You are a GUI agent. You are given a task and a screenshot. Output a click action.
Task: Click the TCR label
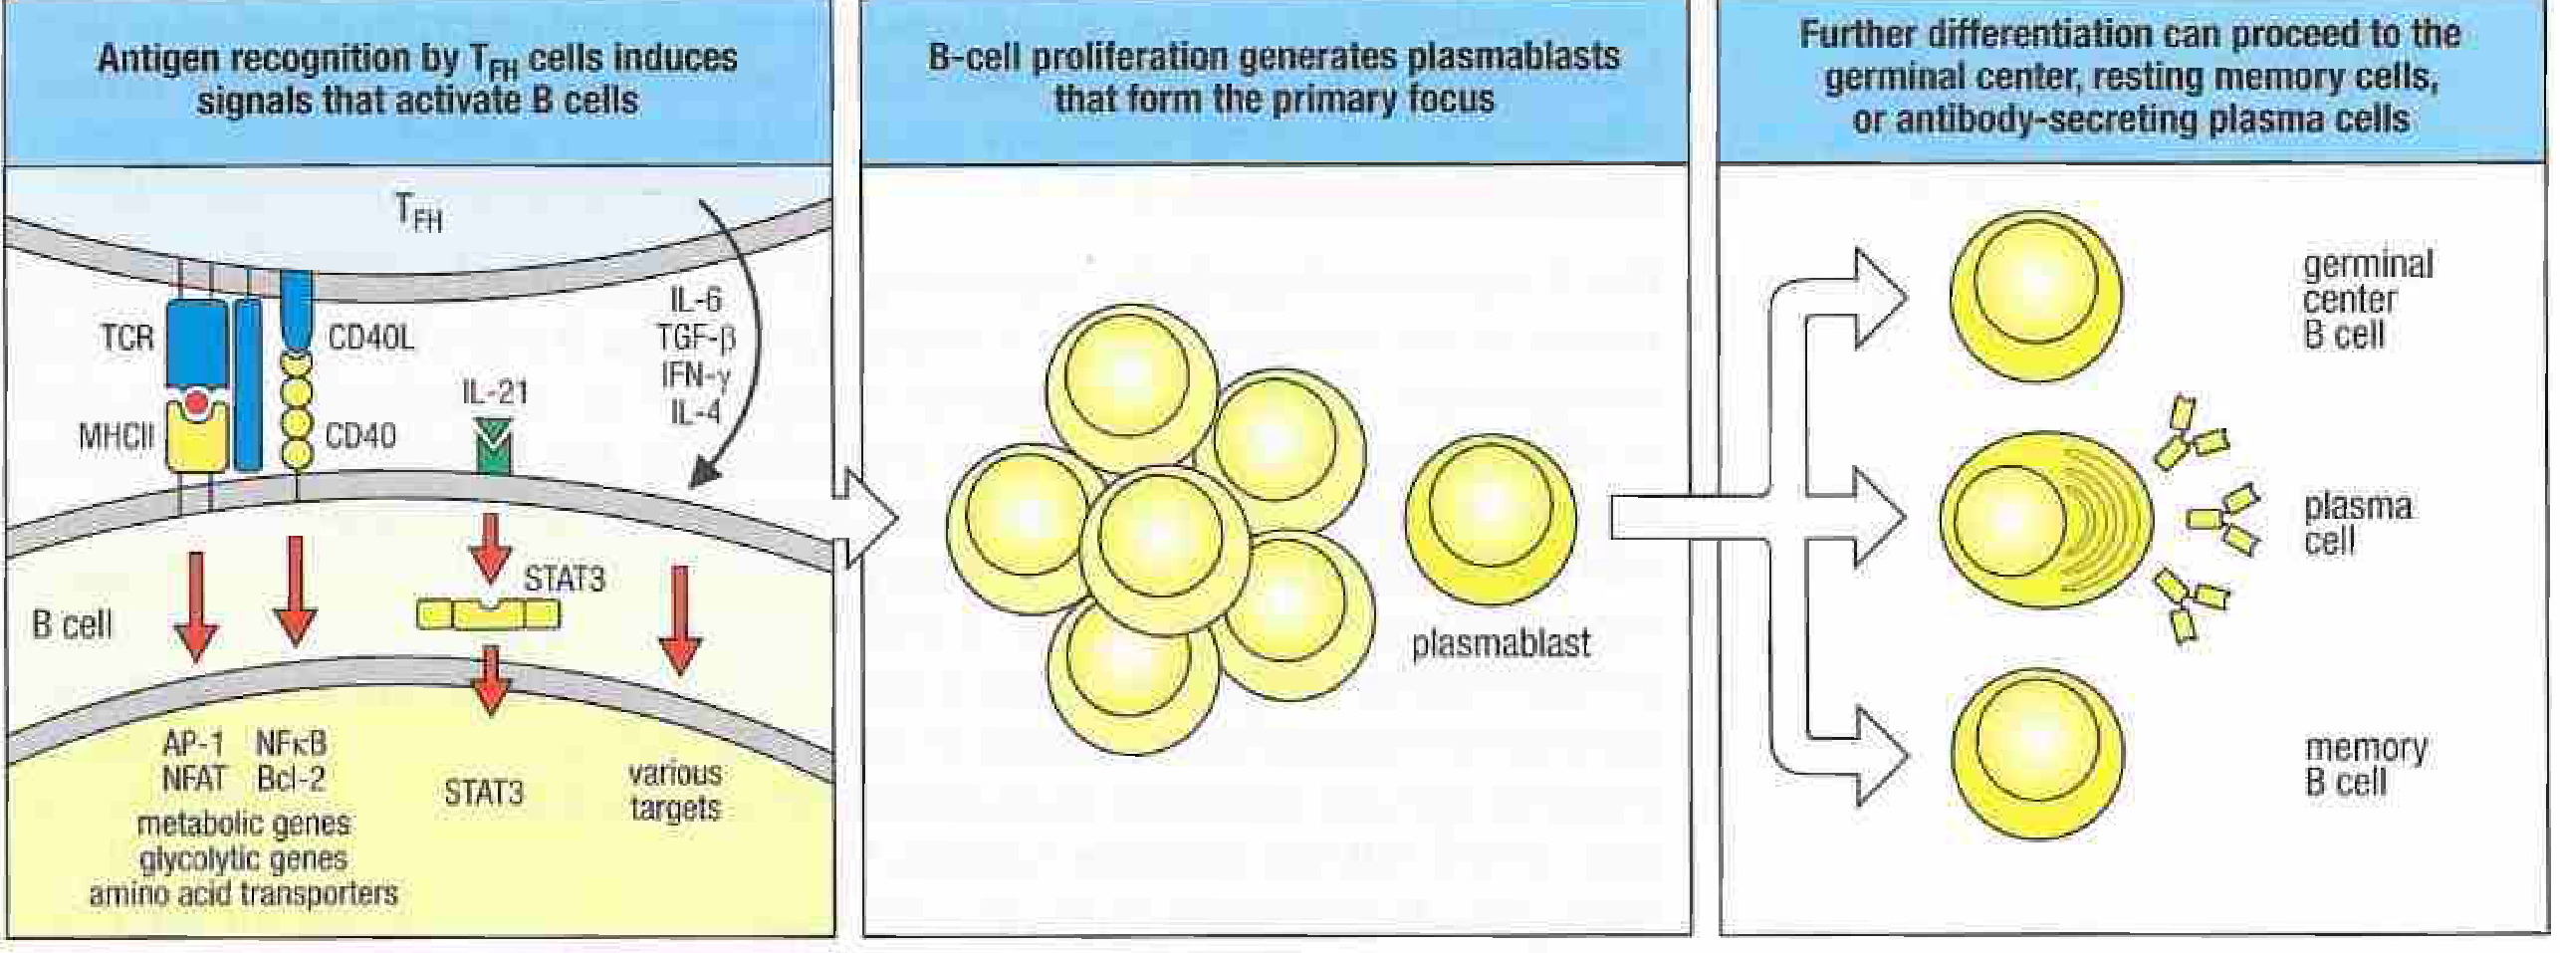coord(126,338)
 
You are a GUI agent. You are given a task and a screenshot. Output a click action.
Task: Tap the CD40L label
coord(370,339)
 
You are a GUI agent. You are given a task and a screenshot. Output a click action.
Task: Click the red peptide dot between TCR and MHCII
coord(196,403)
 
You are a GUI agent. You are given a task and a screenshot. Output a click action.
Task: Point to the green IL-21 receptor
coord(495,445)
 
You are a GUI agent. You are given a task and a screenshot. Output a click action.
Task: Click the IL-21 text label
coord(494,391)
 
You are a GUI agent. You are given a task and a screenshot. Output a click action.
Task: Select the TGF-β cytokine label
coord(695,339)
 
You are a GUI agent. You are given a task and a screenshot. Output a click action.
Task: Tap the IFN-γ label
coord(695,375)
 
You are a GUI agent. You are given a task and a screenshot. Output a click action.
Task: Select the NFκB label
coord(291,743)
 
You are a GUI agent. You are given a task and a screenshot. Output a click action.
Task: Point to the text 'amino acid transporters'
coord(243,893)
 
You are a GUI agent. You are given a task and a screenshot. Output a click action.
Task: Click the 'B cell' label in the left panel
coord(72,624)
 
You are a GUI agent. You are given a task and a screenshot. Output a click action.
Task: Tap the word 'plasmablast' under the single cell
coord(1501,643)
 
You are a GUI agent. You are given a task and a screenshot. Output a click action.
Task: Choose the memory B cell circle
coord(2036,754)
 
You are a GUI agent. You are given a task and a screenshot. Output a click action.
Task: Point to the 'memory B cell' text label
coord(2366,765)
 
